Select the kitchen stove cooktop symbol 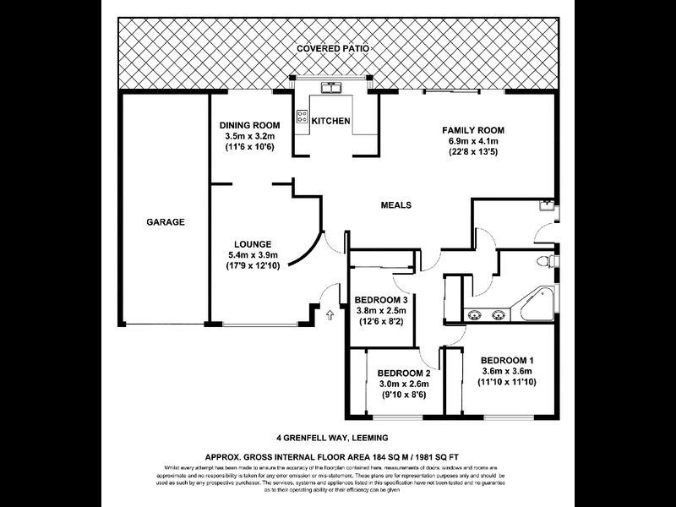coord(302,117)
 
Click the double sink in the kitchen coord(330,88)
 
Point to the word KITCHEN coord(330,122)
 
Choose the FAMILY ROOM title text coord(473,130)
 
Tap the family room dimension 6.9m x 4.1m coord(473,141)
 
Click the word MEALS coord(395,204)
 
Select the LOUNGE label coord(253,244)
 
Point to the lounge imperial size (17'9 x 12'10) coord(253,266)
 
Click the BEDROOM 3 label coord(382,300)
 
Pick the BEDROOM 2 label coord(404,373)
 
